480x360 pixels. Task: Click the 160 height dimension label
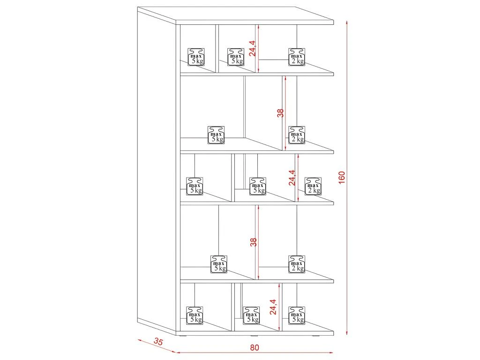coord(342,178)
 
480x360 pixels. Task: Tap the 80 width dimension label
coord(255,347)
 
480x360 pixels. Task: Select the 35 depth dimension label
coord(158,342)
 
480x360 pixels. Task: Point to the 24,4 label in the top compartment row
coord(253,48)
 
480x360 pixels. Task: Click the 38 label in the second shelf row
coord(280,113)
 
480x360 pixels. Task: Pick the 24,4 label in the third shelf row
coord(292,178)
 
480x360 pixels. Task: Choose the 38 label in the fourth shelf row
coord(253,242)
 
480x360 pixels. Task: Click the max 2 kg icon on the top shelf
coord(296,56)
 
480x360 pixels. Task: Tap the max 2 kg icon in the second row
coord(296,135)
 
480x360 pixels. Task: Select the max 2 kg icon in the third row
coord(313,186)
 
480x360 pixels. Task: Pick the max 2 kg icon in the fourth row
coord(296,264)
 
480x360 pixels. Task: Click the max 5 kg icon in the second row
coord(216,135)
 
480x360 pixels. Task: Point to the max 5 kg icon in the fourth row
coord(218,264)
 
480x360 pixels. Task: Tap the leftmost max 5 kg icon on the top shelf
coord(196,56)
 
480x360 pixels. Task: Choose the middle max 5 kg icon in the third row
coord(257,186)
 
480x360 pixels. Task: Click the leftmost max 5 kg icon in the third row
coord(195,186)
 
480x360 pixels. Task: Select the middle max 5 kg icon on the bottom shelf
coord(251,315)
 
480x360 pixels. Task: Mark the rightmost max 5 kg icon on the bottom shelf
coord(296,315)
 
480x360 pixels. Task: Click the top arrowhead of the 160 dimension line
coord(347,22)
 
